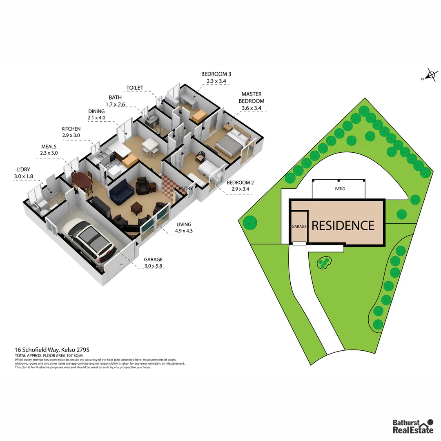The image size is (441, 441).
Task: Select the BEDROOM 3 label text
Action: click(x=216, y=74)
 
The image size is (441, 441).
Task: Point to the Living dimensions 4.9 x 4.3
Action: click(x=184, y=231)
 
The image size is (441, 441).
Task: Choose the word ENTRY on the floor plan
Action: click(x=186, y=188)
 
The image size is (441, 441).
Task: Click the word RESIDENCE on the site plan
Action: click(x=343, y=225)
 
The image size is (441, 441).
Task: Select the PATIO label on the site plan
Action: click(x=340, y=189)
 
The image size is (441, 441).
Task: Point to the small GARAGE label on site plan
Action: click(x=299, y=226)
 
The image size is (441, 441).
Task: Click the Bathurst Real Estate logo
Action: click(x=412, y=426)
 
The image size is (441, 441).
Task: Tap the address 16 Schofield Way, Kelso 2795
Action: click(x=52, y=350)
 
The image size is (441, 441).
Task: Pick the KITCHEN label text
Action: click(x=71, y=129)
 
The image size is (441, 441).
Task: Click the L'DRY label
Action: click(x=23, y=170)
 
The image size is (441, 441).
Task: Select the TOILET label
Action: click(x=135, y=88)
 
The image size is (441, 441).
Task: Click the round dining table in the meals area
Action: click(x=83, y=180)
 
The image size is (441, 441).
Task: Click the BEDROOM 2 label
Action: click(x=240, y=183)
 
